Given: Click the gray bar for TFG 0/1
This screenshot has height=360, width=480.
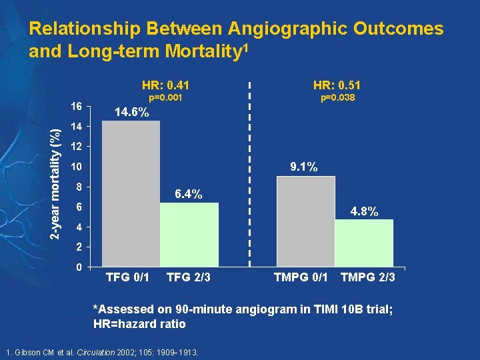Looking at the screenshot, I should point(131,194).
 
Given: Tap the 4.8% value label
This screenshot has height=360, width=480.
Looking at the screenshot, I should point(364,212).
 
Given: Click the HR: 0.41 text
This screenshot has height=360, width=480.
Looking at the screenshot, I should point(165,85).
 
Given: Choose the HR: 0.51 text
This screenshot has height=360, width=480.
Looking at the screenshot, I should point(337,85).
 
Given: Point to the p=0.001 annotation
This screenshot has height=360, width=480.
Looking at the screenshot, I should point(165,98).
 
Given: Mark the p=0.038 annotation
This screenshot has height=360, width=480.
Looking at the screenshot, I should point(337,98).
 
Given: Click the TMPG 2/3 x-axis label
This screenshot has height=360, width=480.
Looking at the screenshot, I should point(368,277).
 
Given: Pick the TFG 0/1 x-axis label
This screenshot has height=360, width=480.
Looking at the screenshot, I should point(128,277).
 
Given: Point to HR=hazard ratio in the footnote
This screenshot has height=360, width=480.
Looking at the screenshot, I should point(139,324).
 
